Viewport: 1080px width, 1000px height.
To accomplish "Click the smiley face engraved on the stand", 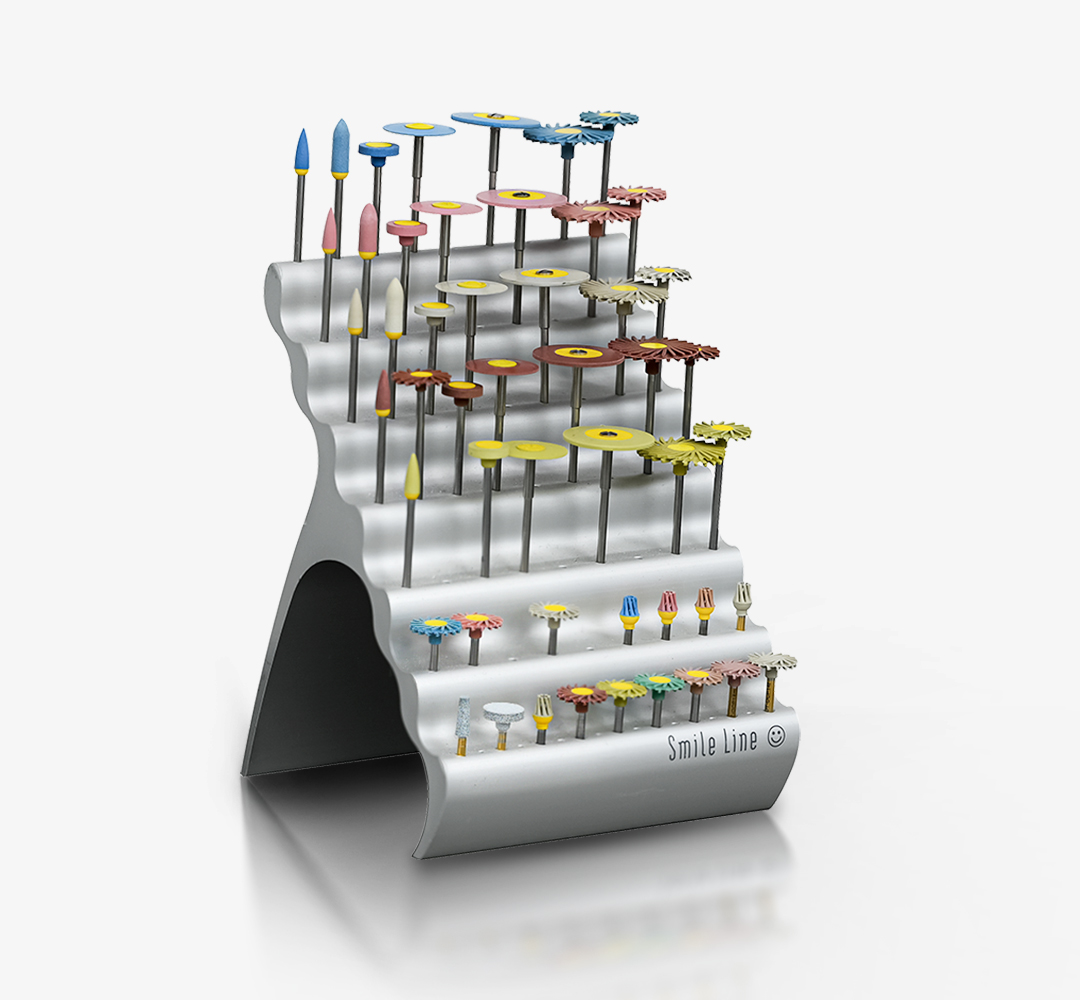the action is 776,736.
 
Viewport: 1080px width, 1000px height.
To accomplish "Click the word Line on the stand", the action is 741,741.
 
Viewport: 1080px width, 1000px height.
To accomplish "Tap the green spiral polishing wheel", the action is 659,682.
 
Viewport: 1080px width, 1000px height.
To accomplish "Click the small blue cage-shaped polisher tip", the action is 628,611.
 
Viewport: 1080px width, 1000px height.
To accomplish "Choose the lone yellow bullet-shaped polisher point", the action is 412,476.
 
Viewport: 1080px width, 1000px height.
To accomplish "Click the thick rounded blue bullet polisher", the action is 340,149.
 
